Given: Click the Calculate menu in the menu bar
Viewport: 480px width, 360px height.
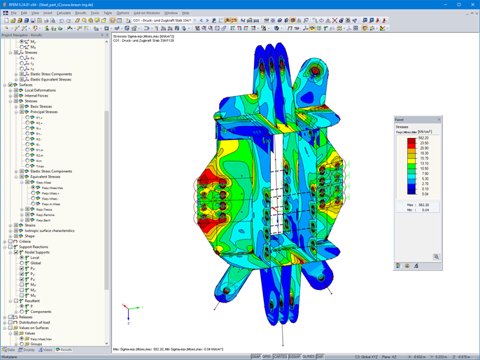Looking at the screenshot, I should pyautogui.click(x=64, y=13).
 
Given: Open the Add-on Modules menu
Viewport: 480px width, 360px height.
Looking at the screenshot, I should pyautogui.click(x=148, y=13).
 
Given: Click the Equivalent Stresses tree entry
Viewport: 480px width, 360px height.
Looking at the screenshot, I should pyautogui.click(x=45, y=176).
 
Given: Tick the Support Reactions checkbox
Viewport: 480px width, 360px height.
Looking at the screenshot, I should pyautogui.click(x=10, y=247).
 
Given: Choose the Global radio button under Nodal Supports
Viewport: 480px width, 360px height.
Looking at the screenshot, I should pyautogui.click(x=21, y=263).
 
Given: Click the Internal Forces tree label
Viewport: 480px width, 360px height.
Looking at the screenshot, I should pyautogui.click(x=36, y=95).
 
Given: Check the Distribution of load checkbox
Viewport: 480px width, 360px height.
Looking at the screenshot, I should pyautogui.click(x=10, y=322).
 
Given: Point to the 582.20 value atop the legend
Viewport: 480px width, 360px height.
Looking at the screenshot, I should pyautogui.click(x=423, y=138).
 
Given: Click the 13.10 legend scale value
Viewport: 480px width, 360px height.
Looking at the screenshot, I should pyautogui.click(x=423, y=163).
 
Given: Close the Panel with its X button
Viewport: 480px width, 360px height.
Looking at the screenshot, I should pyautogui.click(x=439, y=120).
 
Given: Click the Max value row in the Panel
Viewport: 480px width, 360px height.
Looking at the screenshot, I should pyautogui.click(x=418, y=205).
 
